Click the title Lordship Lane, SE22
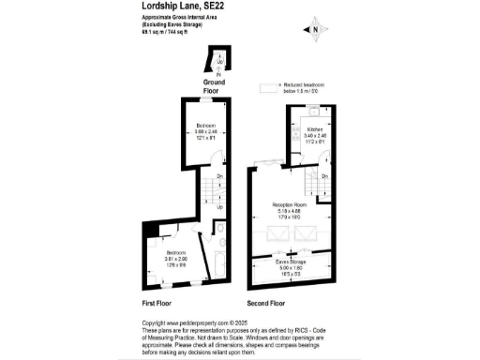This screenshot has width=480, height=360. click(183, 6)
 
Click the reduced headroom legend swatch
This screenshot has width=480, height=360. click(271, 87)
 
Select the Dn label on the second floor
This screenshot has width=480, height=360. click(323, 176)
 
